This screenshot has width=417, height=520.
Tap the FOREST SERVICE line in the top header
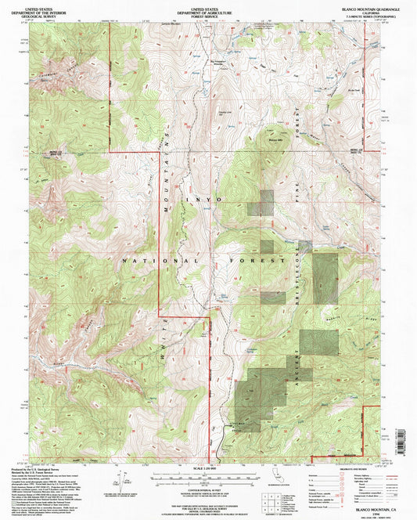[208, 14]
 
